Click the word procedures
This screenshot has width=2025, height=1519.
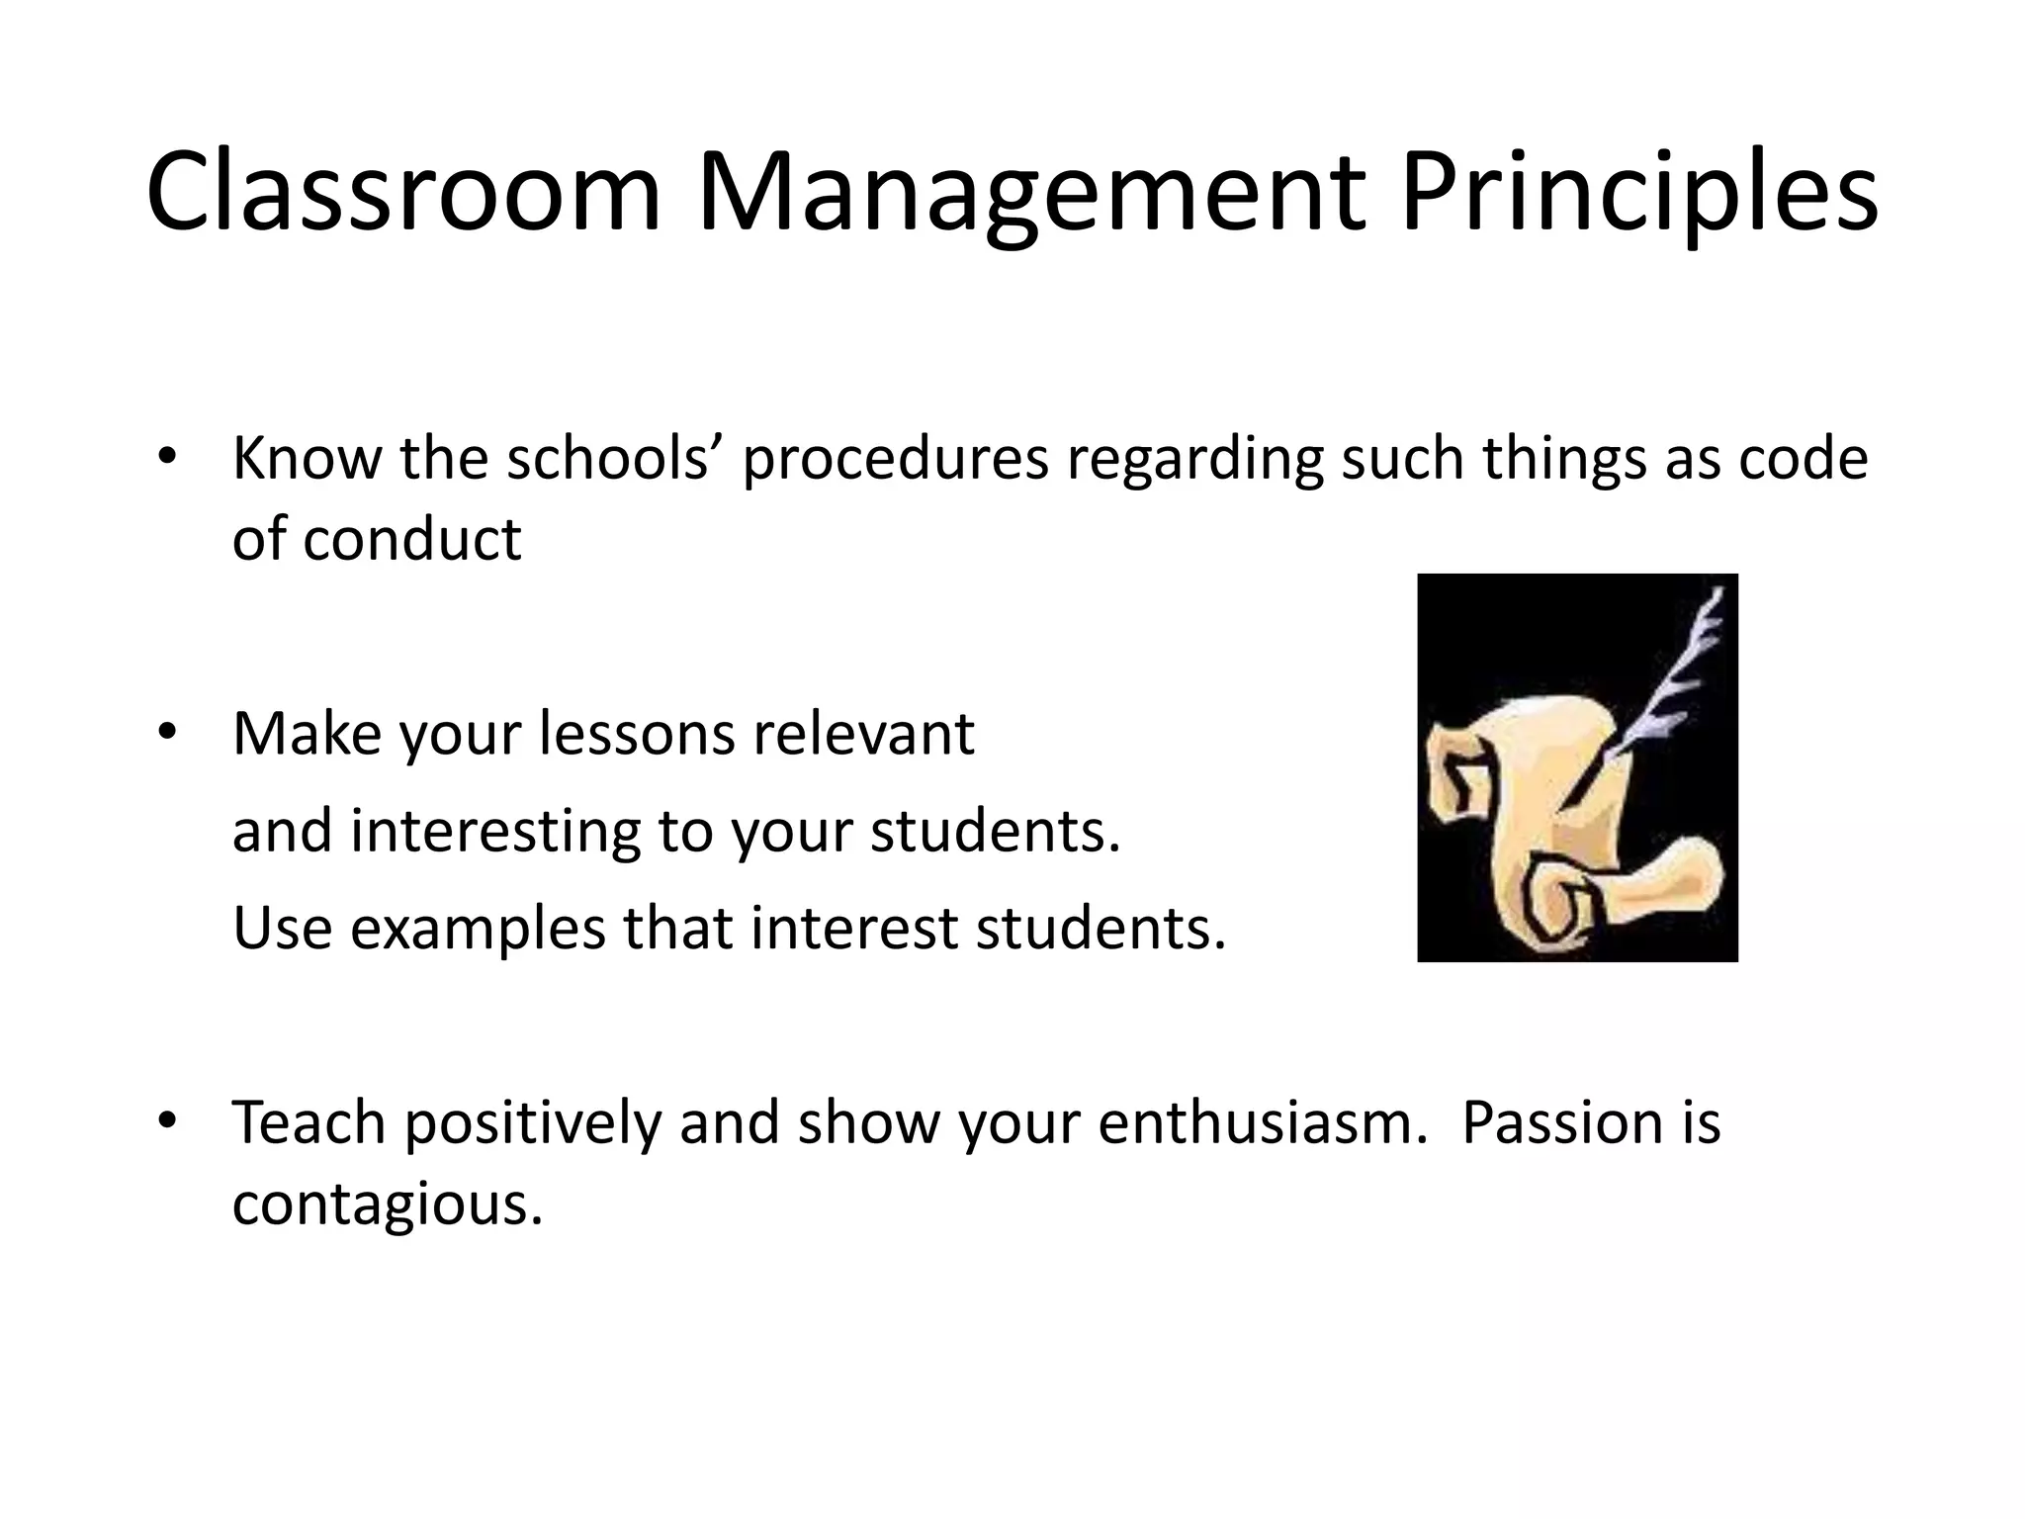896,459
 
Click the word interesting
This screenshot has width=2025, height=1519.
495,831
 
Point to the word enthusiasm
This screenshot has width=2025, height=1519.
1263,1122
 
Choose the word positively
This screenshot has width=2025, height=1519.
532,1122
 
